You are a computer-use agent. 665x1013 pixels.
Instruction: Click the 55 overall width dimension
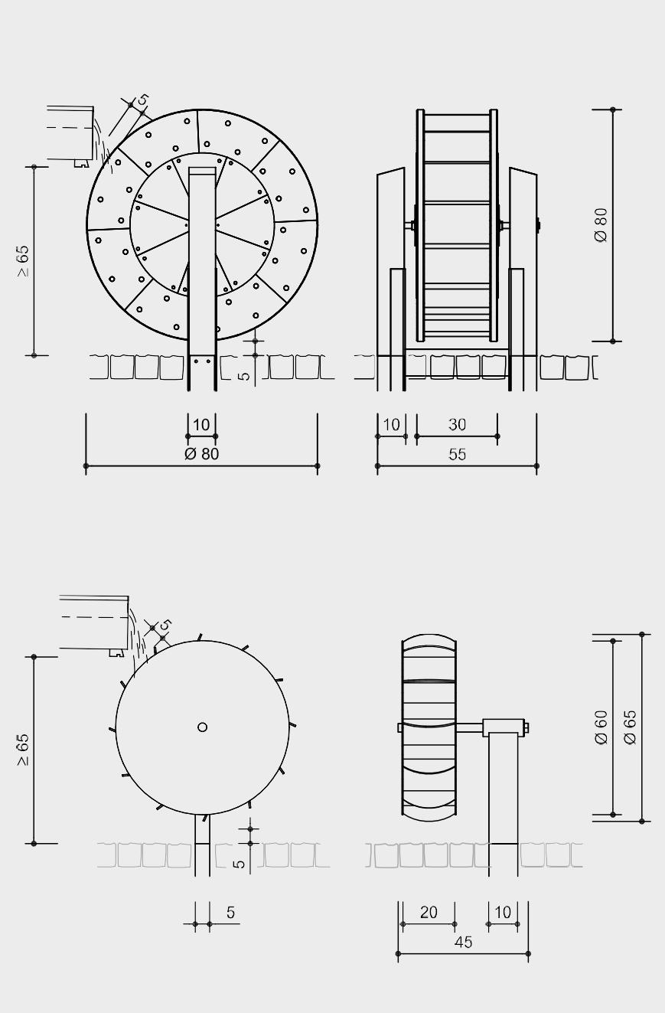(457, 455)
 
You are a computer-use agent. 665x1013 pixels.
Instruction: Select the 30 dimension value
(457, 425)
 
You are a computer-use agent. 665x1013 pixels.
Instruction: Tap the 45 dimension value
(464, 942)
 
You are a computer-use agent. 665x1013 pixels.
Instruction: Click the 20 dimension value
(429, 912)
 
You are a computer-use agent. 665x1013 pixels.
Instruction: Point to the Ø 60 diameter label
(601, 727)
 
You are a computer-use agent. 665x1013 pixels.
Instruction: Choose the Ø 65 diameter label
(630, 727)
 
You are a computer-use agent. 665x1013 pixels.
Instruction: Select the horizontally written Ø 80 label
(201, 453)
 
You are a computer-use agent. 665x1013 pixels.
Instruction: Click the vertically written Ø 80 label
(601, 225)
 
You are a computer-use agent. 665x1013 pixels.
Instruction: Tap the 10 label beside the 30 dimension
(391, 425)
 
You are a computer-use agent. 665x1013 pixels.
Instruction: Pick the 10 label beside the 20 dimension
(503, 912)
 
